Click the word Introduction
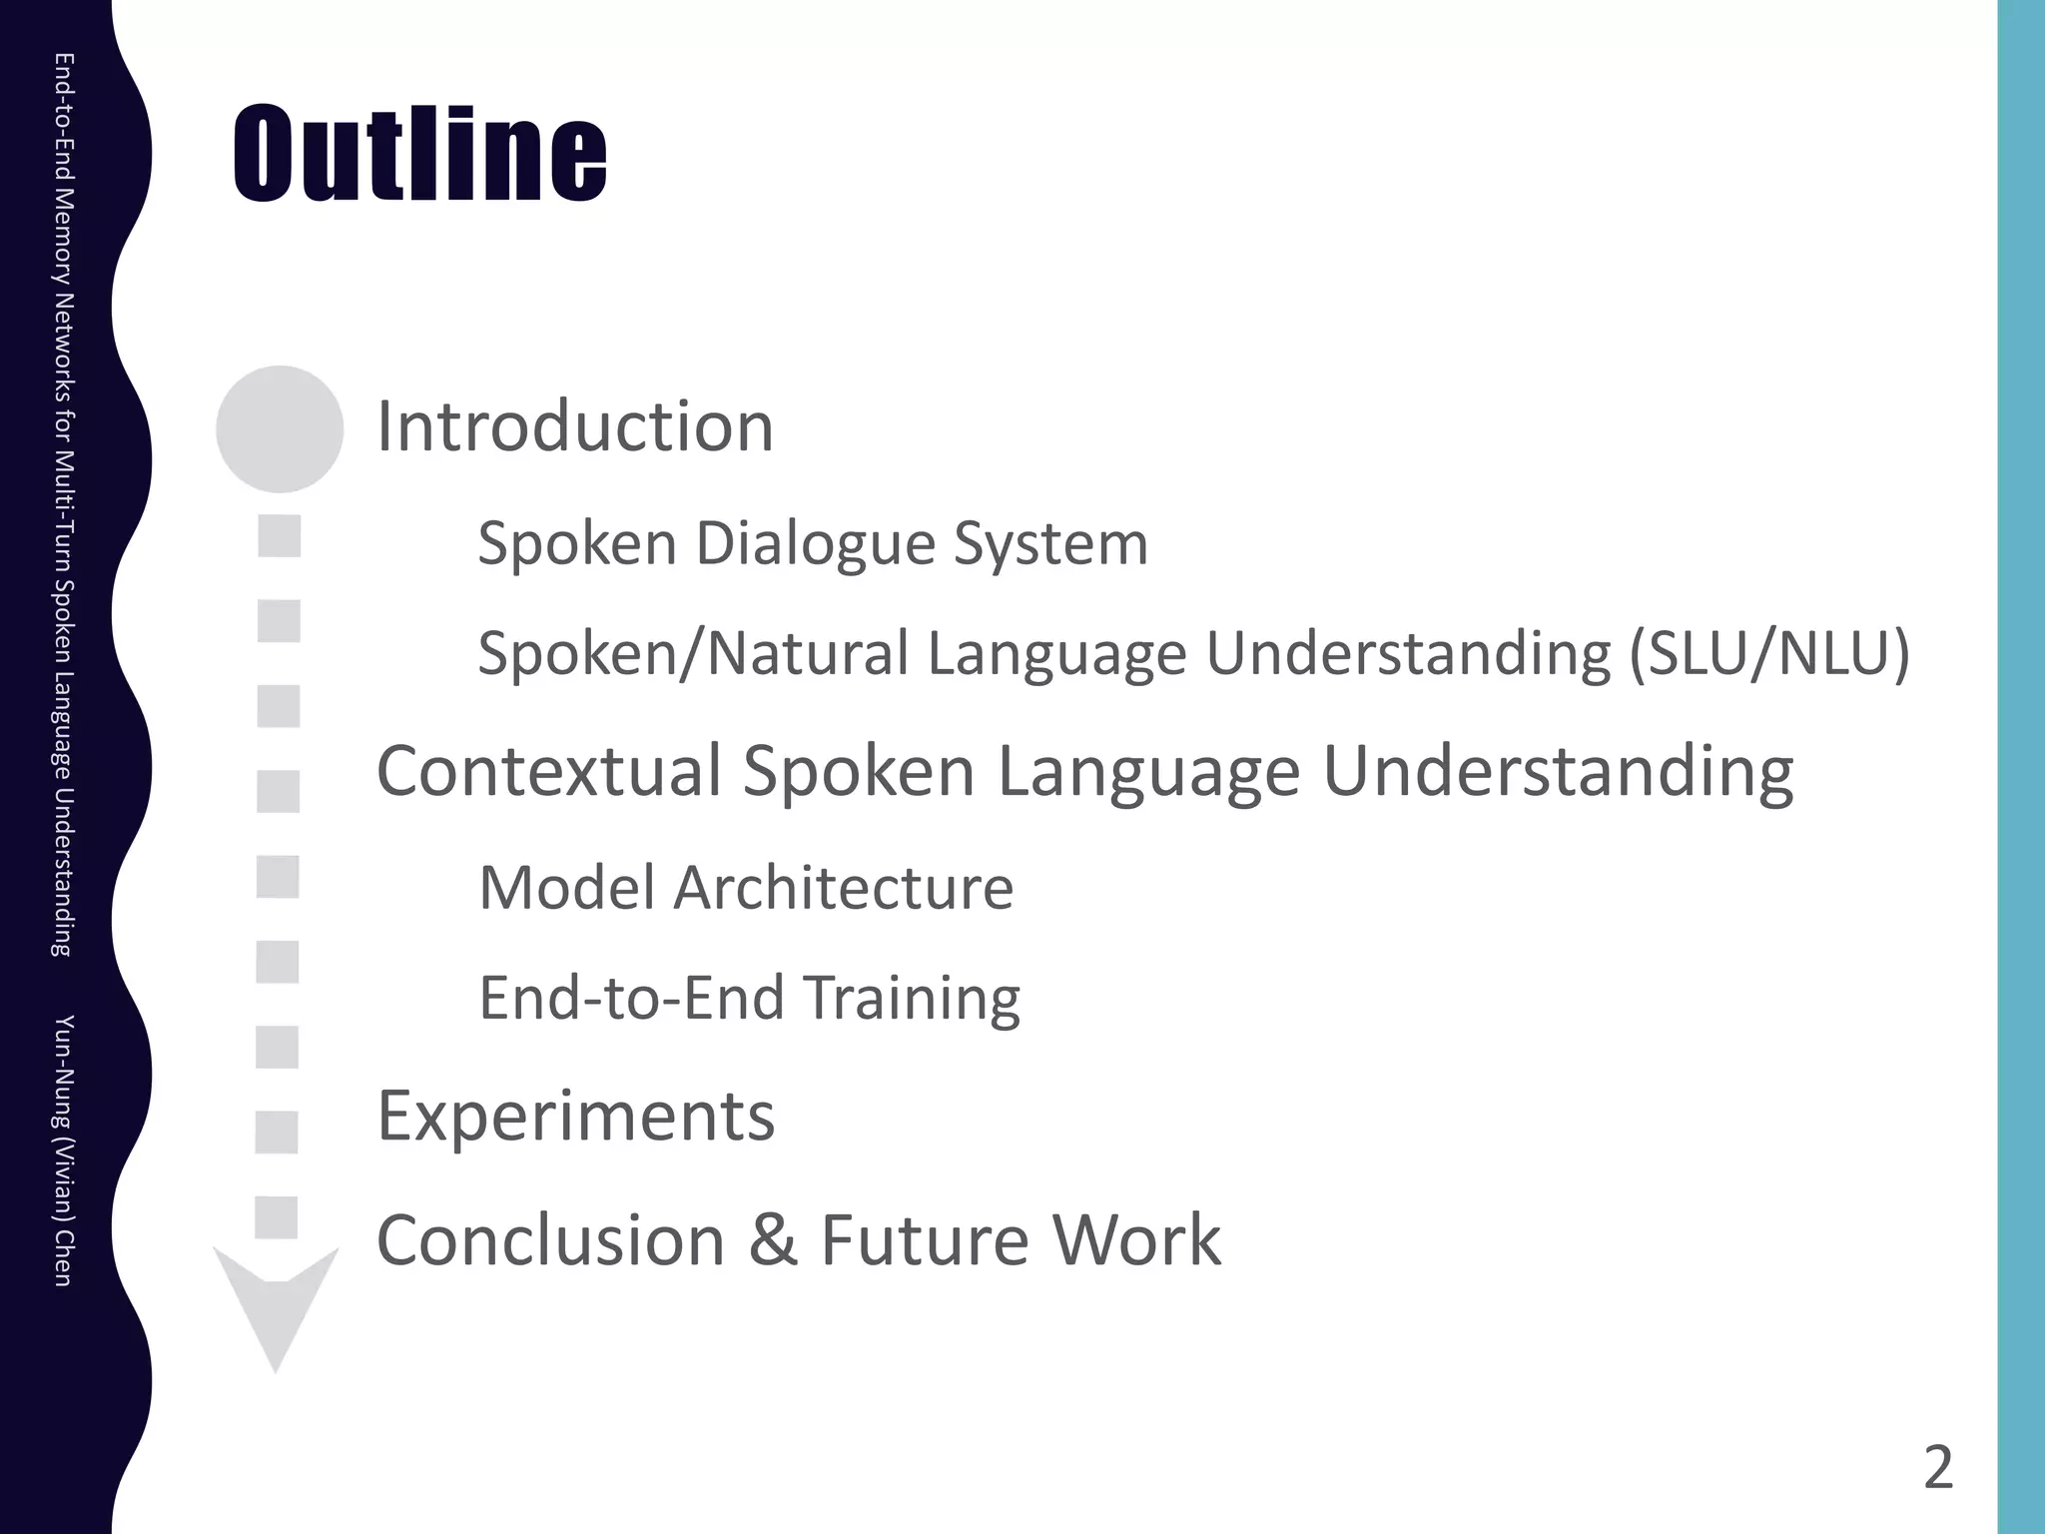pyautogui.click(x=574, y=426)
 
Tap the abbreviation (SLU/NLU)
pyautogui.click(x=1768, y=653)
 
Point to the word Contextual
pyautogui.click(x=549, y=771)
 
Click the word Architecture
pyautogui.click(x=843, y=887)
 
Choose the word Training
pyautogui.click(x=911, y=997)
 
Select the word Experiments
pyautogui.click(x=575, y=1116)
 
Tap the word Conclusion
pyautogui.click(x=550, y=1240)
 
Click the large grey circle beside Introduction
pyautogui.click(x=280, y=428)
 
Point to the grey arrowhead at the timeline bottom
pyautogui.click(x=276, y=1308)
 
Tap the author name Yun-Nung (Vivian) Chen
pyautogui.click(x=62, y=1150)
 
